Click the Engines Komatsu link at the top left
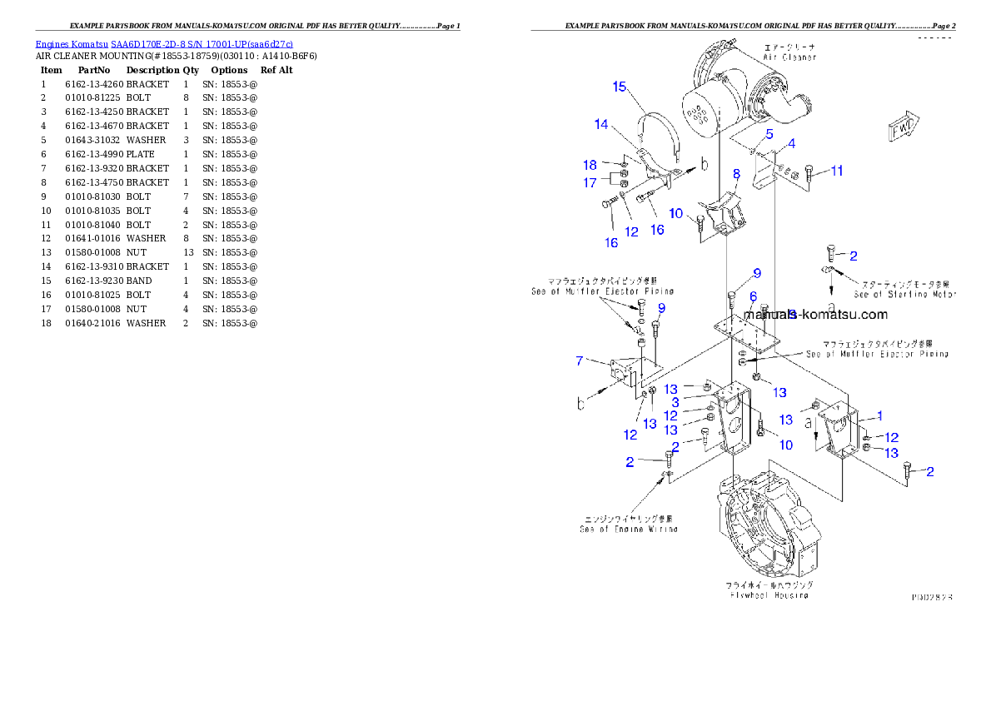click(164, 43)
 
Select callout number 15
click(620, 87)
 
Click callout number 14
click(601, 124)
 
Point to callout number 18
click(590, 165)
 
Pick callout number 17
click(590, 182)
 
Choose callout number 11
click(837, 171)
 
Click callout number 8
click(736, 173)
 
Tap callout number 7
click(579, 360)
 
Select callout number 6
click(753, 296)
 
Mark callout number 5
click(769, 133)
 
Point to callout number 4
click(791, 143)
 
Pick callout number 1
click(880, 415)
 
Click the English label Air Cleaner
click(787, 57)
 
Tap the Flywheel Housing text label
click(769, 595)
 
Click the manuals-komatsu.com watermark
click(816, 315)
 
